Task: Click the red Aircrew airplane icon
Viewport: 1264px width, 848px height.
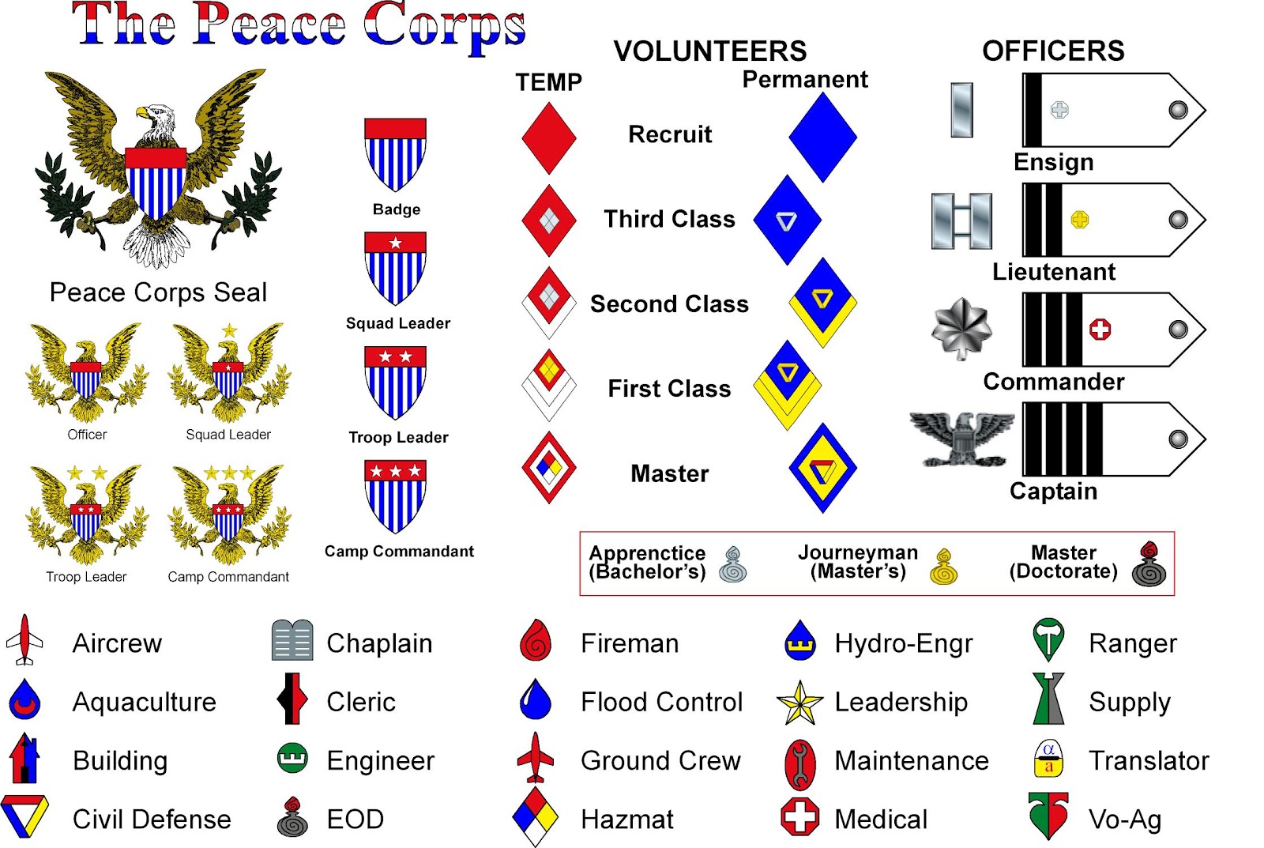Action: click(24, 641)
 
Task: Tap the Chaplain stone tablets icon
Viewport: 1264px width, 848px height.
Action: click(292, 641)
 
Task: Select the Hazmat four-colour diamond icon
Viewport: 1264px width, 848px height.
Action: click(536, 816)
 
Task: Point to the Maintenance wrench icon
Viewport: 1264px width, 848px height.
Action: click(799, 763)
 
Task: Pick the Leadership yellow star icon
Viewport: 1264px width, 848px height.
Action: click(799, 703)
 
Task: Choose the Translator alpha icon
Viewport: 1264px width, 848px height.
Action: click(1048, 759)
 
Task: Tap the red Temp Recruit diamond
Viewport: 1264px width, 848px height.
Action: click(548, 138)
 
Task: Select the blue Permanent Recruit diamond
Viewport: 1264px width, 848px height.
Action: click(822, 138)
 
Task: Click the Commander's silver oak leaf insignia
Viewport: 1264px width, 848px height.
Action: click(961, 328)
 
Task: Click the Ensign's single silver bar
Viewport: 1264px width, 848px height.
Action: click(961, 110)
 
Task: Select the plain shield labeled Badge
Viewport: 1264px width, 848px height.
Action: click(395, 154)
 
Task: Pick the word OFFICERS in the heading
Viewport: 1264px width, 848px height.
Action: click(1052, 51)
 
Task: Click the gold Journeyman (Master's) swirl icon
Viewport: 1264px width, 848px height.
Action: click(943, 566)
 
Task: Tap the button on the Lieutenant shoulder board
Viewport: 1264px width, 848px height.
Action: click(1177, 220)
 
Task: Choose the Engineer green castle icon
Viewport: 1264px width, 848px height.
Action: click(292, 759)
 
